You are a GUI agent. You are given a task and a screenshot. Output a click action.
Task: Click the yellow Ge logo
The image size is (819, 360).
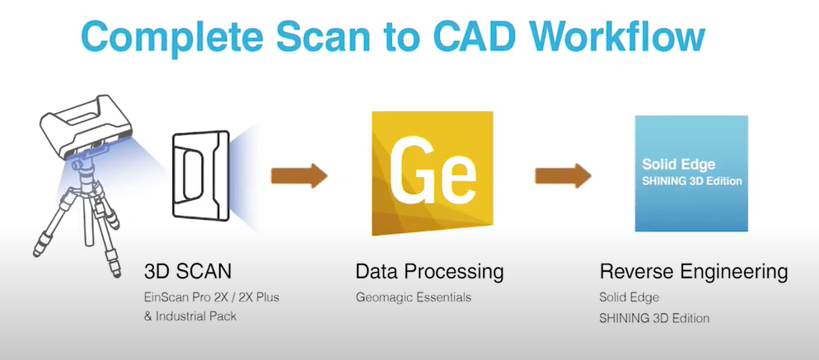click(x=433, y=174)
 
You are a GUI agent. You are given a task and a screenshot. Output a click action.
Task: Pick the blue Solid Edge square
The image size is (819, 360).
click(x=691, y=174)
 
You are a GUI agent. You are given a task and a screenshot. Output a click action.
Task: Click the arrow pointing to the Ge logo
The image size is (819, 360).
click(x=299, y=175)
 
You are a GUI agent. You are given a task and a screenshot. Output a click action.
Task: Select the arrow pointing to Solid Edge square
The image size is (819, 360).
click(x=563, y=175)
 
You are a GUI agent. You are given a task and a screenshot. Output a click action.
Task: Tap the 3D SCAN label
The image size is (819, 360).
click(x=188, y=272)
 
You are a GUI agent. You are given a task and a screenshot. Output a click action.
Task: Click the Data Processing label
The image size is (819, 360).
click(x=430, y=272)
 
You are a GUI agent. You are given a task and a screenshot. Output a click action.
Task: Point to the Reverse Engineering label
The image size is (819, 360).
click(x=694, y=272)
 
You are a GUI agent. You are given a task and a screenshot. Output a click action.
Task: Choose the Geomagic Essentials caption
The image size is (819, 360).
click(x=414, y=297)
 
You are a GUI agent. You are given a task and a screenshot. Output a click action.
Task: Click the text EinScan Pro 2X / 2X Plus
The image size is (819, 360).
click(x=212, y=297)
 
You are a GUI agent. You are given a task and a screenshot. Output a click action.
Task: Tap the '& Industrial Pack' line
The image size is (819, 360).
click(x=190, y=316)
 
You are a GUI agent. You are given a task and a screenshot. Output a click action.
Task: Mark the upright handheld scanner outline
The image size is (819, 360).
click(x=201, y=175)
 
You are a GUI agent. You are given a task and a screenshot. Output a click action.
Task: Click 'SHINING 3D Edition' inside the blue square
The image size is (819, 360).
click(x=692, y=181)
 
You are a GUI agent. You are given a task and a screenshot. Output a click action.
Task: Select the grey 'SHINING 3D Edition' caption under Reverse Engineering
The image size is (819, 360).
click(x=654, y=318)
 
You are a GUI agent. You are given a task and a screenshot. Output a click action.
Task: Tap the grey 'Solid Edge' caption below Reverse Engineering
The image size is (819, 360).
click(x=629, y=297)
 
